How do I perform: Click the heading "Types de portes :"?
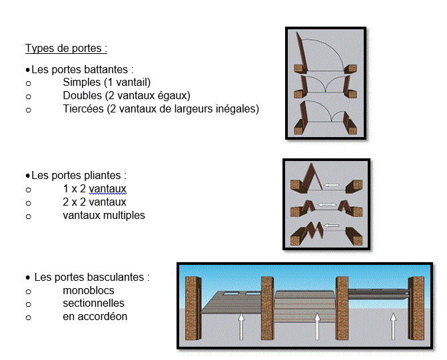[x=66, y=48]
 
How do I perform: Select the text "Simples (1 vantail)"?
[x=107, y=83]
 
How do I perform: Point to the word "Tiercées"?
[x=83, y=108]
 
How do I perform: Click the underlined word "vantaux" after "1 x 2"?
[x=107, y=189]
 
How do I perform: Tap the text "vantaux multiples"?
[x=104, y=216]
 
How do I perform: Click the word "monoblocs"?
[x=89, y=291]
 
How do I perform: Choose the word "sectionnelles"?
[x=93, y=303]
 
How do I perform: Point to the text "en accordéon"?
[x=95, y=317]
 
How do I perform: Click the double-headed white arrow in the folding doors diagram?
[x=327, y=205]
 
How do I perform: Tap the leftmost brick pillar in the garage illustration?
[x=193, y=308]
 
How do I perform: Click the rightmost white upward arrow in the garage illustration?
[x=393, y=326]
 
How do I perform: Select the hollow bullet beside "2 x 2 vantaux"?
[x=28, y=203]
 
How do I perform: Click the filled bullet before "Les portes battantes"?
[x=28, y=70]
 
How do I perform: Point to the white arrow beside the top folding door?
[x=331, y=185]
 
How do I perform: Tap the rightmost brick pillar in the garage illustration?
[x=416, y=308]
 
